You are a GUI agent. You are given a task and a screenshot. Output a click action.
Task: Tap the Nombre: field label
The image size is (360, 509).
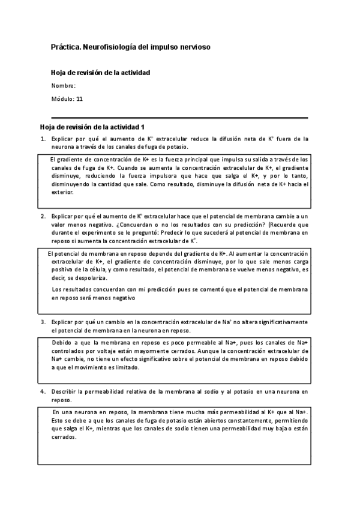(63, 86)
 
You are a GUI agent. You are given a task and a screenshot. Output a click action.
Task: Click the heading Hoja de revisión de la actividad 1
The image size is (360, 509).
(92, 127)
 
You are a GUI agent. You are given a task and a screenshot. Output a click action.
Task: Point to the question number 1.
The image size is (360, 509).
(43, 139)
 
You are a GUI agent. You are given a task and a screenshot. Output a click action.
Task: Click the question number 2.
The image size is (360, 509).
(43, 215)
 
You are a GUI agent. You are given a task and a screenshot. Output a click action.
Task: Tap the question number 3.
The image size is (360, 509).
(43, 322)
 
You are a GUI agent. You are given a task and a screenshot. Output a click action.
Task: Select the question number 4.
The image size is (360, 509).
(43, 391)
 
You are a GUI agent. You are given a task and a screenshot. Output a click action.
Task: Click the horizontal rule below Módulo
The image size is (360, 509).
(179, 118)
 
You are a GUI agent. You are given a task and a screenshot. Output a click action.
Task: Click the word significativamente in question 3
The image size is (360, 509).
(283, 322)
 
